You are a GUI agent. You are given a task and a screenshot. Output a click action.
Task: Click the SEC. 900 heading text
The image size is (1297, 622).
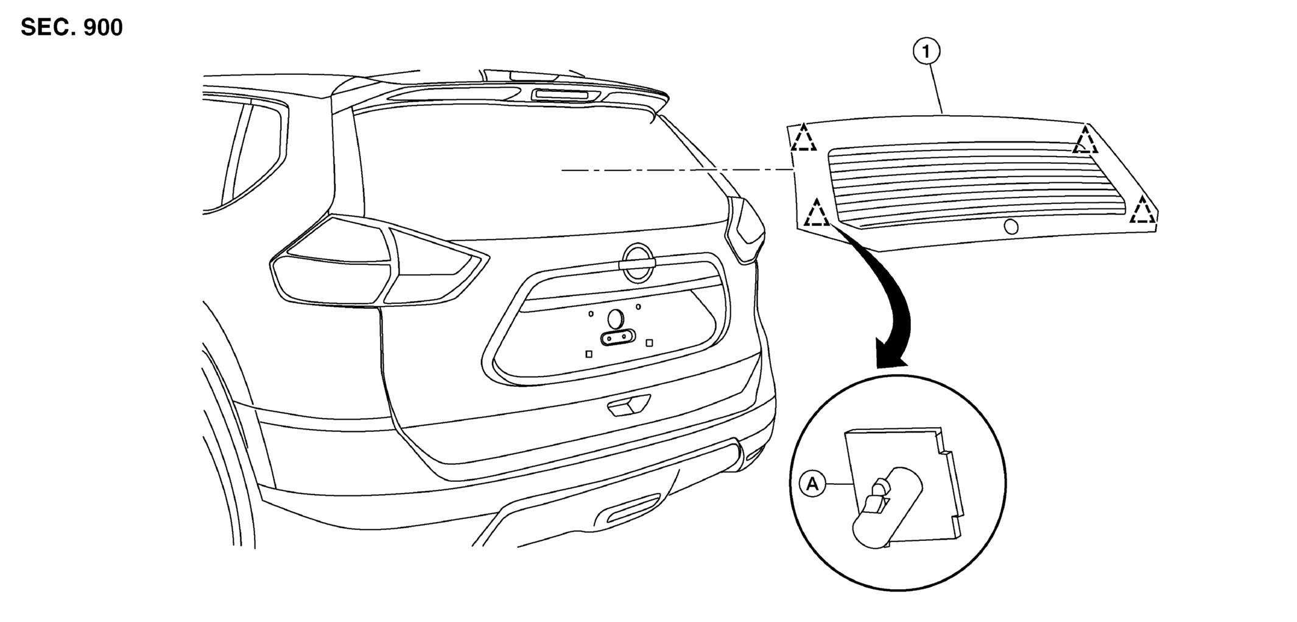[72, 27]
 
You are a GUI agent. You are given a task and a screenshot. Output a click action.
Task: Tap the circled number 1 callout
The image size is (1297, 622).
[926, 52]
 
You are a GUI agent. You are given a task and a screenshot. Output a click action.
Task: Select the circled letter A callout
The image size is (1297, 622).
[812, 484]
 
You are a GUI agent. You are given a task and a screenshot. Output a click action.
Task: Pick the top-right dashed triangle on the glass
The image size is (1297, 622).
[1085, 140]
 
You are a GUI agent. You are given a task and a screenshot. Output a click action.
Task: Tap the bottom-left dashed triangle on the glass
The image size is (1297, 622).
[817, 213]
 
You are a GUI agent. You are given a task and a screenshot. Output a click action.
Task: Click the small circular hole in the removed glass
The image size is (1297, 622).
[1011, 227]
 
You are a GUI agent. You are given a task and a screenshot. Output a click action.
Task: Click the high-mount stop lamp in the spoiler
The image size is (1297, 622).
[565, 95]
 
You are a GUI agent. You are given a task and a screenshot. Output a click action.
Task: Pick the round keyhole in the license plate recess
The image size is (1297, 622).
[616, 318]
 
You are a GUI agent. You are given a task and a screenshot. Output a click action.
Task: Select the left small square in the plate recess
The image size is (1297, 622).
[589, 354]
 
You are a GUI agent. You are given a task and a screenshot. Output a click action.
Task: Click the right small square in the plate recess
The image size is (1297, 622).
[649, 343]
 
